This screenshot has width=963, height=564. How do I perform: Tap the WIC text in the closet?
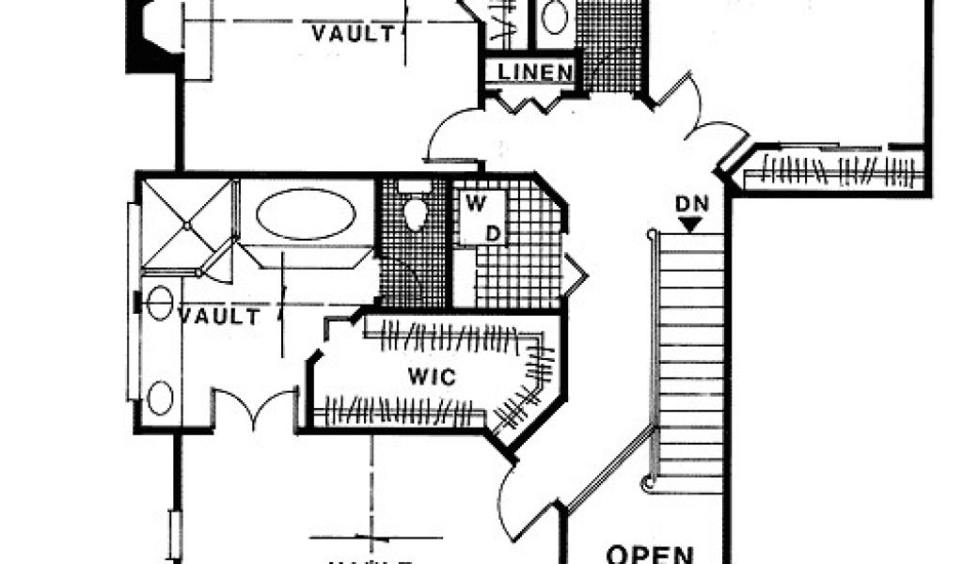click(432, 378)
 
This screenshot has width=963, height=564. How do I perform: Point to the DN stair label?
click(691, 204)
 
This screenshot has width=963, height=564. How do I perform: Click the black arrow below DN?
click(691, 225)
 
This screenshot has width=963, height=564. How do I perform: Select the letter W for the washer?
click(474, 201)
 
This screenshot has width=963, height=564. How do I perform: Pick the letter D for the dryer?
click(491, 230)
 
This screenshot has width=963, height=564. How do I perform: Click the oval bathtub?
click(306, 215)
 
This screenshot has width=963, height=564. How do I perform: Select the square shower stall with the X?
click(186, 225)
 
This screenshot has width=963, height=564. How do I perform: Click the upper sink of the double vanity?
click(160, 302)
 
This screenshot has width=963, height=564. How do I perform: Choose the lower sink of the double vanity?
click(160, 399)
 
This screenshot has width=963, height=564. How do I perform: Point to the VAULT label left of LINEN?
click(353, 35)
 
